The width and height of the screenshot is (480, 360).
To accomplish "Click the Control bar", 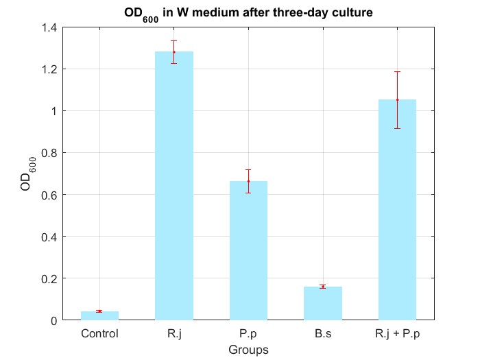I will (99, 315).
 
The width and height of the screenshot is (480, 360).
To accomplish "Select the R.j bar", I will (174, 185).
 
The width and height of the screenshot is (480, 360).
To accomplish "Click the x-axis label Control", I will (99, 334).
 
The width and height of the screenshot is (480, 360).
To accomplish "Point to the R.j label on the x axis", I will (174, 334).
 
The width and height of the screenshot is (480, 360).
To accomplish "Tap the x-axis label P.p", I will (248, 334).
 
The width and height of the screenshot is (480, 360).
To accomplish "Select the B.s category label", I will (322, 334).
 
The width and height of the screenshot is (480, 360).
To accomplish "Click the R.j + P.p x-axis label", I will (397, 334).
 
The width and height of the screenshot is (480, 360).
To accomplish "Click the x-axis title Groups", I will (248, 349).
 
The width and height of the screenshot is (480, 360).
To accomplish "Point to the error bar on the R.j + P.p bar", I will (397, 99).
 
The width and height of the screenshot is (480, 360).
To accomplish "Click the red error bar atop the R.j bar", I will (174, 51).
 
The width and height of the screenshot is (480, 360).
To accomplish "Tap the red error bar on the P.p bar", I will (248, 181).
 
